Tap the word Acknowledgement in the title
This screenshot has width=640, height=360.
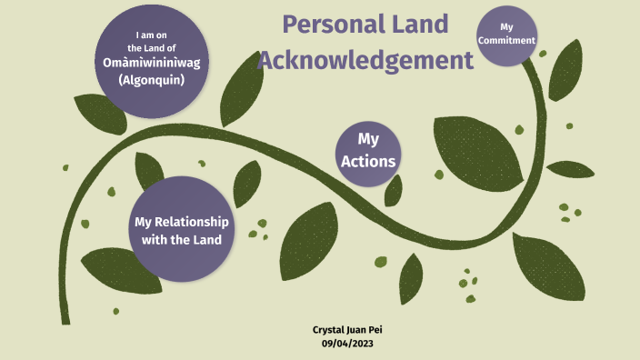[x=365, y=61]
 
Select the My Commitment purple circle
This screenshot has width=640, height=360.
[x=506, y=35]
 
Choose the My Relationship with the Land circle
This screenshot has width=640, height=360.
[x=181, y=229]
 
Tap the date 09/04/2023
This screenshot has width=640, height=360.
[x=347, y=343]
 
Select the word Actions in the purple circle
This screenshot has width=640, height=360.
[x=368, y=161]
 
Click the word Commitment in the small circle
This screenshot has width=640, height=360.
[x=506, y=40]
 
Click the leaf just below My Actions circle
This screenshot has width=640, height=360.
[x=394, y=190]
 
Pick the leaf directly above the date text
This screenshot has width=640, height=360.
[x=411, y=276]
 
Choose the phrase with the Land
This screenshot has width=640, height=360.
[x=182, y=239]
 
